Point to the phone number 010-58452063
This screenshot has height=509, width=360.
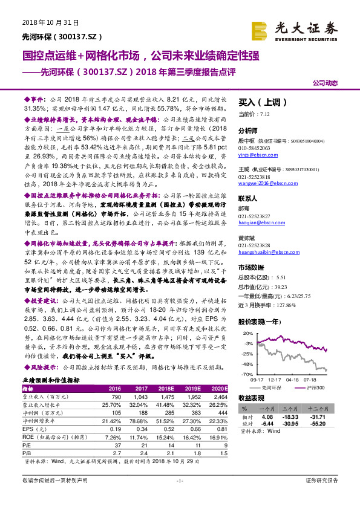(255, 148)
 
